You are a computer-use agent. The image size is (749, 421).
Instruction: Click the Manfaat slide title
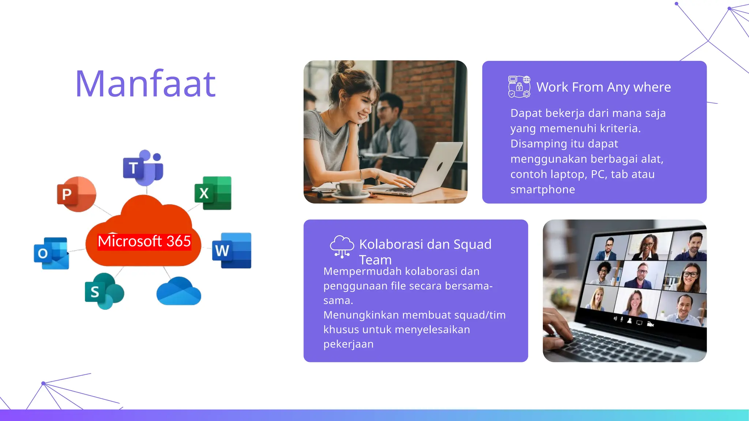tap(146, 84)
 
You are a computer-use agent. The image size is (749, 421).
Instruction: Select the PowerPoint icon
tap(76, 194)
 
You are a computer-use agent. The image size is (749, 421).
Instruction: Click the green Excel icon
tap(213, 193)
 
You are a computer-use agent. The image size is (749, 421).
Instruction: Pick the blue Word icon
tap(232, 250)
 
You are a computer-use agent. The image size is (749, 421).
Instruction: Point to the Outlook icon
tap(51, 253)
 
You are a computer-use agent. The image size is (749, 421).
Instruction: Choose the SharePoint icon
tap(104, 291)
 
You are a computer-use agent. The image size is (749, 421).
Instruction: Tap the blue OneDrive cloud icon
tap(178, 292)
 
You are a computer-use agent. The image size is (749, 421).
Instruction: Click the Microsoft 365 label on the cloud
tap(144, 242)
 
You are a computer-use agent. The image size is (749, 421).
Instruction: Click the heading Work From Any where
tap(603, 87)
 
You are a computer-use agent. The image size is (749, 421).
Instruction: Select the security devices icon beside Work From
tap(519, 87)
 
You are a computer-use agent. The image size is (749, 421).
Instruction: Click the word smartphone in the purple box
tap(542, 190)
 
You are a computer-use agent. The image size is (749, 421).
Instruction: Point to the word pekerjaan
tap(348, 344)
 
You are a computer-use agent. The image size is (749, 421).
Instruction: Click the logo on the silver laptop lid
tap(440, 167)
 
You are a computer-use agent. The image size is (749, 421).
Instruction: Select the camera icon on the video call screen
tap(650, 324)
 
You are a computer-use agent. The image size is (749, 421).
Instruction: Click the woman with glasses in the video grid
tap(689, 277)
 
